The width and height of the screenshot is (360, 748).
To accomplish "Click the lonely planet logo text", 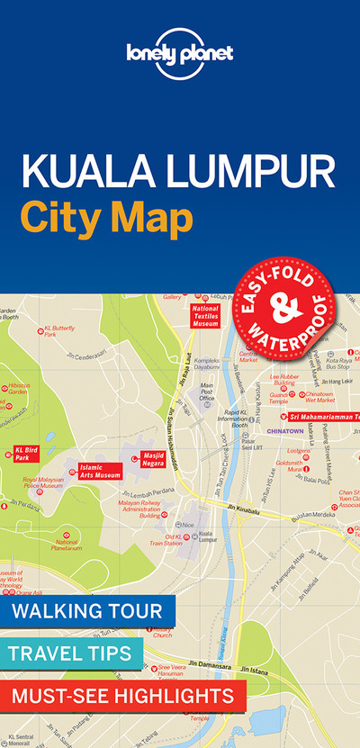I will coord(179,52).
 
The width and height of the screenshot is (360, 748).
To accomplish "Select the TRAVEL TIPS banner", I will coord(72,653).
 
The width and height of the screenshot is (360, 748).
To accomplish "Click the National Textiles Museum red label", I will coord(205,315).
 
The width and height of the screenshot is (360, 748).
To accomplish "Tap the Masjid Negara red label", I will coord(158,461).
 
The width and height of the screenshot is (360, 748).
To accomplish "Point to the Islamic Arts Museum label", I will coord(100,471).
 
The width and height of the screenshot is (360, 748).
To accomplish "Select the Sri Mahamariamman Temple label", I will coord(324,417).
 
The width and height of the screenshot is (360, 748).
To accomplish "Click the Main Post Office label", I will coord(207,390).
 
